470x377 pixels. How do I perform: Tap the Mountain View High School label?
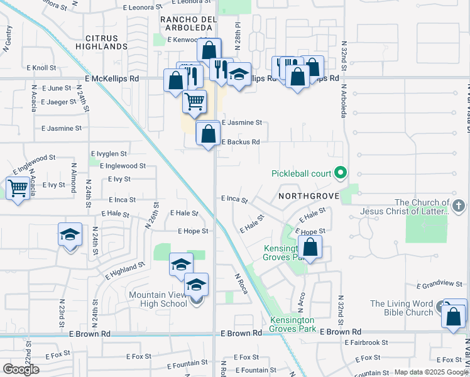click(158, 299)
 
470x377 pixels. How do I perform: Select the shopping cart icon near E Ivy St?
click(18, 187)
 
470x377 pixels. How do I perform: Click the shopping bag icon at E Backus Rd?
click(208, 133)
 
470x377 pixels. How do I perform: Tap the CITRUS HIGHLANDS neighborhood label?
click(102, 42)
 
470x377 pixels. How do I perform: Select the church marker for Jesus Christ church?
click(459, 205)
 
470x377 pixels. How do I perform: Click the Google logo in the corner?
click(21, 369)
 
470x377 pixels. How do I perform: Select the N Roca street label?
click(242, 283)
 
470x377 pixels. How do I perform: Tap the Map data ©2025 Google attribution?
click(429, 372)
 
